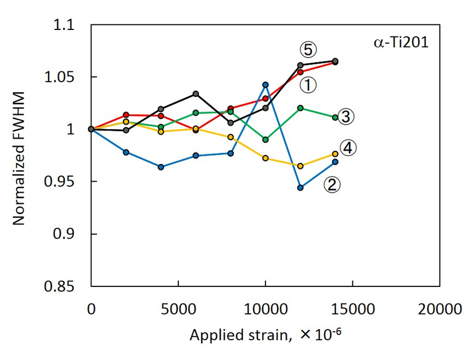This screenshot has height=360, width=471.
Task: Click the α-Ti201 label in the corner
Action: pyautogui.click(x=400, y=43)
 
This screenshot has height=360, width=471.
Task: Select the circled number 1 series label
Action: pyautogui.click(x=308, y=85)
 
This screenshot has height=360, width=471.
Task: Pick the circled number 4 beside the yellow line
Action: pyautogui.click(x=348, y=148)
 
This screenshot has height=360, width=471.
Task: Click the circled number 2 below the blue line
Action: pyautogui.click(x=332, y=184)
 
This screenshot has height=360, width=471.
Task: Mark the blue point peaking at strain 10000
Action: pyautogui.click(x=265, y=85)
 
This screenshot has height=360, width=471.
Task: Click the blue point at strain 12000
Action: pyautogui.click(x=300, y=188)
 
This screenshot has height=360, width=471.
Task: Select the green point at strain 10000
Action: pyautogui.click(x=265, y=140)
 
